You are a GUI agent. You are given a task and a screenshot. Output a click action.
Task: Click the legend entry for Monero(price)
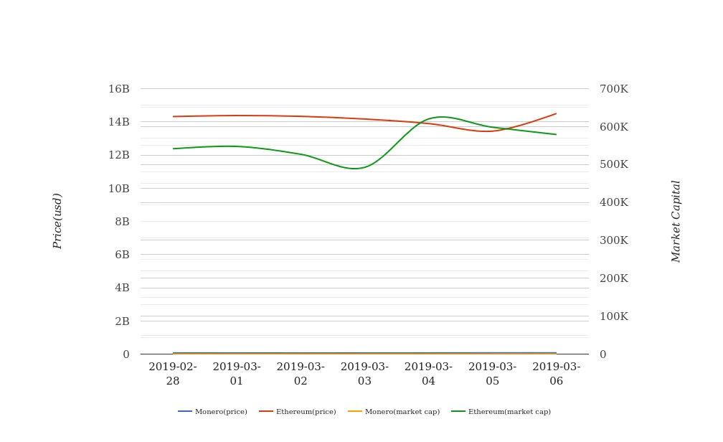[213, 412]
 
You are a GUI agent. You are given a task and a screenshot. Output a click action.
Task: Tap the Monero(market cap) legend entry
[394, 412]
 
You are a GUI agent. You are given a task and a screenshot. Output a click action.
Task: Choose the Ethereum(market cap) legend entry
[501, 412]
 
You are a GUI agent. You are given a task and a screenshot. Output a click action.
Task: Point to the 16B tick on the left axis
[119, 89]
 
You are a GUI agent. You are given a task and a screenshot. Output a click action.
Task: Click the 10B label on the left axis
[119, 189]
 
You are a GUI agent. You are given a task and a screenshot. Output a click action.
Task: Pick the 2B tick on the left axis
[122, 321]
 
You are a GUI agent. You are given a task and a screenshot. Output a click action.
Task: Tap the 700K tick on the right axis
[613, 89]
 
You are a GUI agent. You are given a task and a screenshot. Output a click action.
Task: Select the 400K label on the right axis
[613, 203]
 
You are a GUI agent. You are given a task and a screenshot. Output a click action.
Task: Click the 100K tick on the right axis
[613, 316]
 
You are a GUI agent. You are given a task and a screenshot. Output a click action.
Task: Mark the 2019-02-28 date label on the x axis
[173, 374]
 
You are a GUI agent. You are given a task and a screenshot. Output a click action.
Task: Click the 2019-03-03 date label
[364, 374]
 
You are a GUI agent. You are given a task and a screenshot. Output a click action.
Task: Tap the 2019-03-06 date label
[557, 374]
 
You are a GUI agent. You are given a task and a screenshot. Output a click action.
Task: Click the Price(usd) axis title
[57, 221]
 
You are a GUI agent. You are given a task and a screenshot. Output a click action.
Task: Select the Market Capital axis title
[676, 221]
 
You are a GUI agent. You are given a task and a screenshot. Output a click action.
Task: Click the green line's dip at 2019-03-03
[356, 169]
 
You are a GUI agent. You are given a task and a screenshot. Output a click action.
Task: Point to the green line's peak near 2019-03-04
[440, 116]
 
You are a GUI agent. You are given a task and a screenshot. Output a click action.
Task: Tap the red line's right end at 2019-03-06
[556, 113]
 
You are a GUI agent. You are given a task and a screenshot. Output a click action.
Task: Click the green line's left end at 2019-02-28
[174, 149]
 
